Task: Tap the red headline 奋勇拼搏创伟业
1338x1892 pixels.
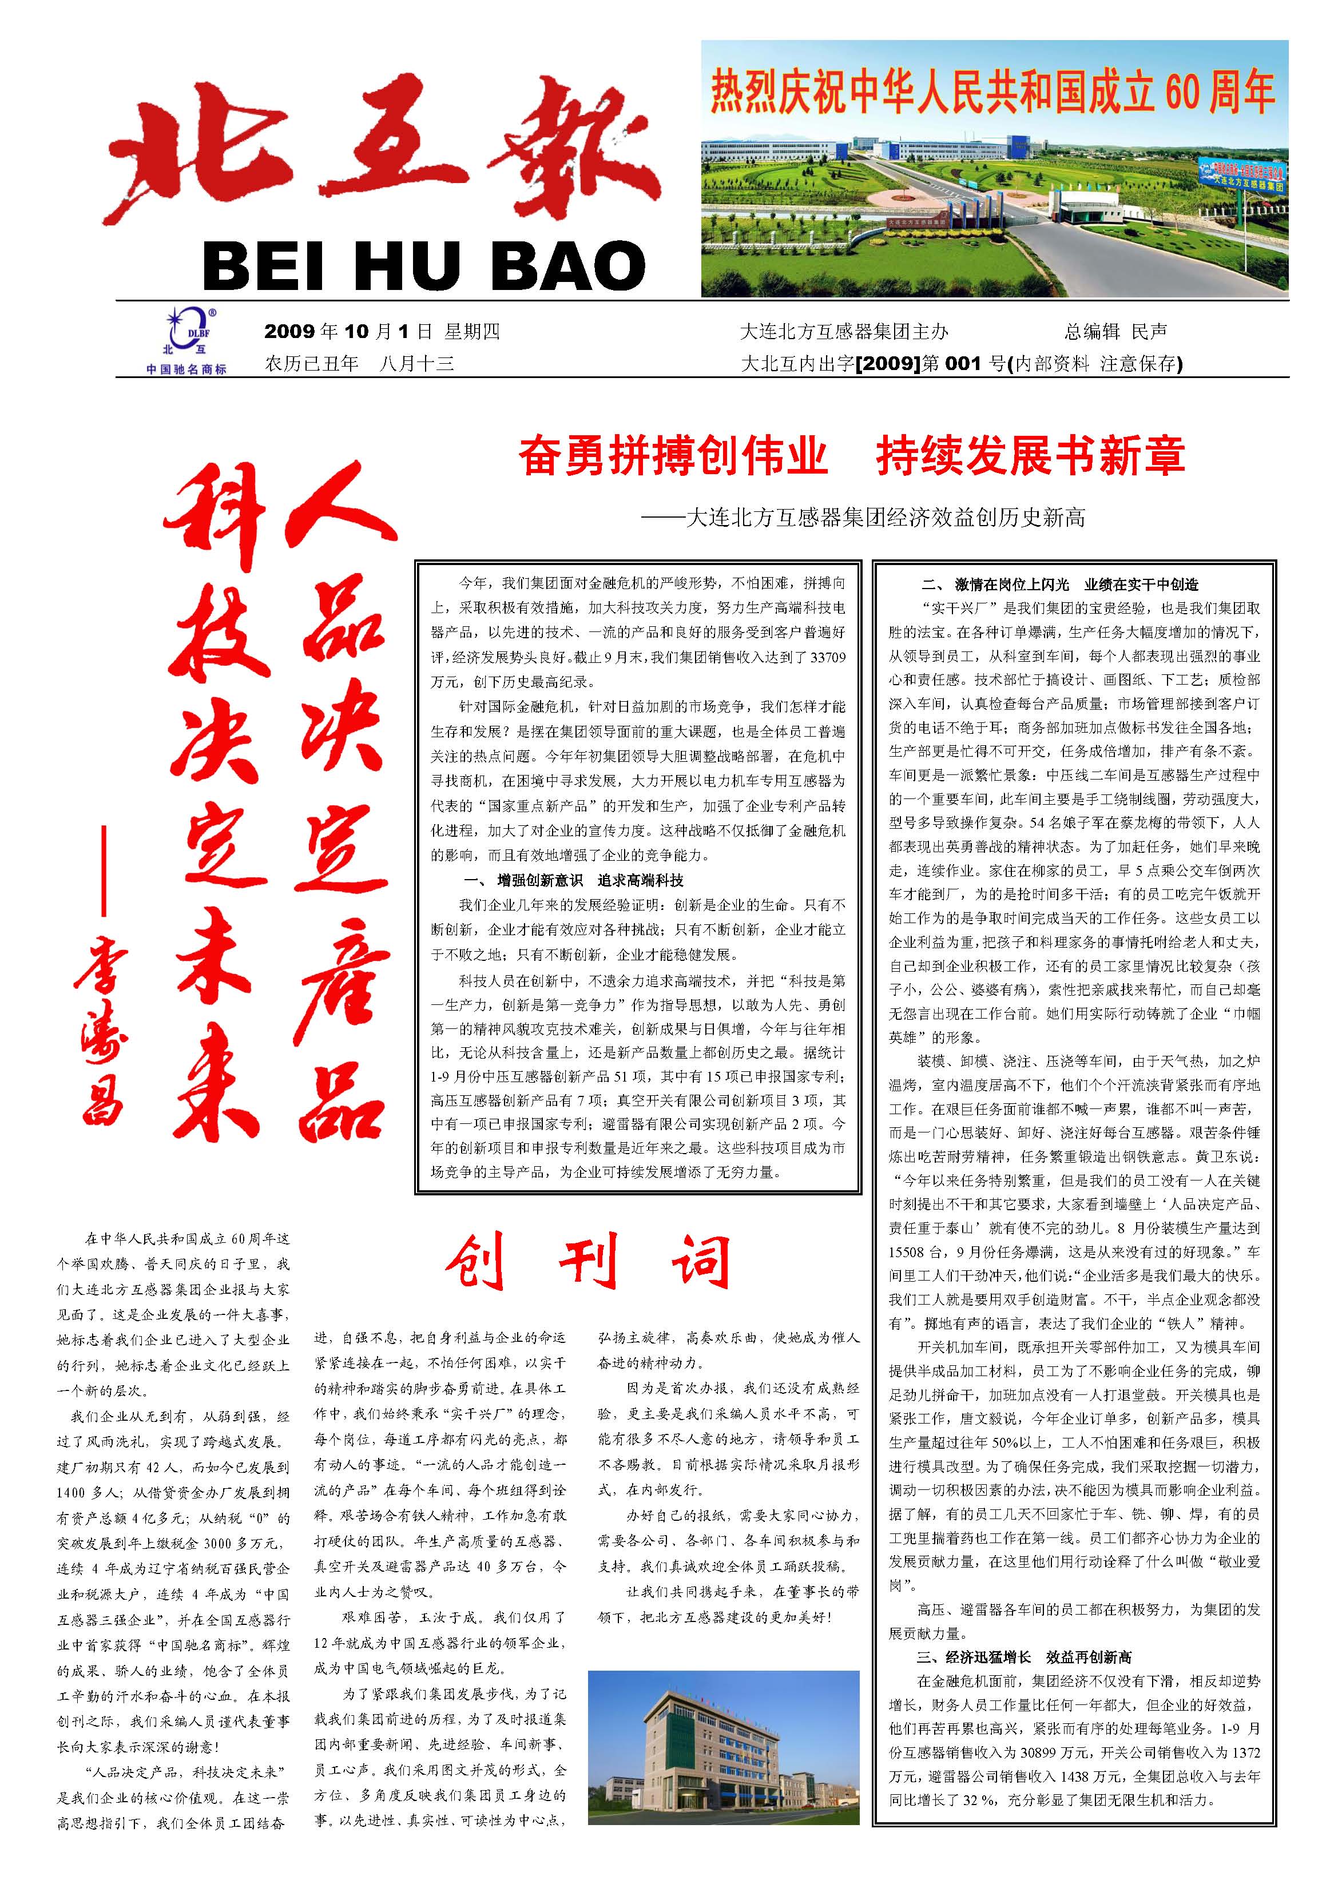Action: (x=673, y=456)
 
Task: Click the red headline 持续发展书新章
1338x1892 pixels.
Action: (x=1030, y=456)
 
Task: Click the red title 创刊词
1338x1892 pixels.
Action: (x=587, y=1262)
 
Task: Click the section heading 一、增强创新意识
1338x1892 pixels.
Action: (x=574, y=880)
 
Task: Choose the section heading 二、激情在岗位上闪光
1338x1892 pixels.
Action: (x=1059, y=585)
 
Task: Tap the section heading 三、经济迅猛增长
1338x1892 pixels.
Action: (x=1024, y=1633)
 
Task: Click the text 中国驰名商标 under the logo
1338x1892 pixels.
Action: (x=186, y=369)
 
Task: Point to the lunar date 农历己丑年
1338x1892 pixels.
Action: (x=312, y=363)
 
